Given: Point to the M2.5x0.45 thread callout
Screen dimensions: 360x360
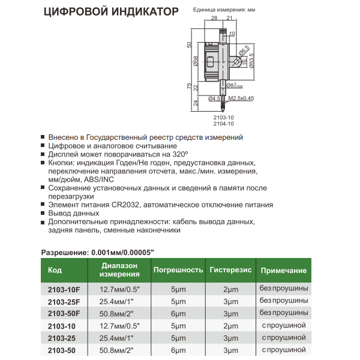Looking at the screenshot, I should (x=241, y=98).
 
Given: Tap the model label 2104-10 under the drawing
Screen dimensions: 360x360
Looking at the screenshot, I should (x=224, y=124).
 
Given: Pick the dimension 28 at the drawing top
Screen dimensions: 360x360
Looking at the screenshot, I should (x=215, y=19).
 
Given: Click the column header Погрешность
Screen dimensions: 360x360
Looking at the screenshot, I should (x=178, y=270).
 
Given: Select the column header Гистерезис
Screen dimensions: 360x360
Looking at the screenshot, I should (x=230, y=270).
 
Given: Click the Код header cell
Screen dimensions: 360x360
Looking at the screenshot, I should (x=54, y=270).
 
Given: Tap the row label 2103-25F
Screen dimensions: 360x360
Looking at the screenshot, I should (x=63, y=301).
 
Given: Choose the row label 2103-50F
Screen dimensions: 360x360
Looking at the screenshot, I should (x=63, y=313).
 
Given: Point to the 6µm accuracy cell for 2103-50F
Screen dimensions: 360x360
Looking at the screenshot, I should (x=178, y=313).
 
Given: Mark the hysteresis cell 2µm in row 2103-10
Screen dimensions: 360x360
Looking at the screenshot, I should (x=230, y=326).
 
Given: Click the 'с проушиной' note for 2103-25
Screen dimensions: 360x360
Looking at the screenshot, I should (x=284, y=338).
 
